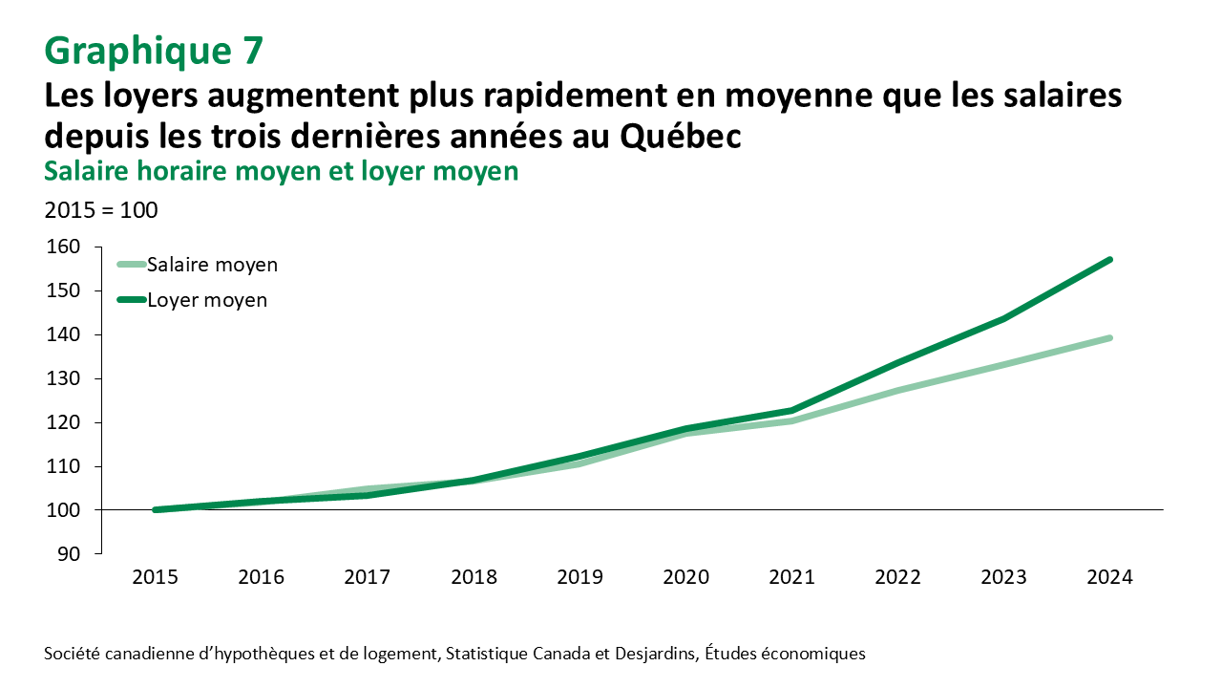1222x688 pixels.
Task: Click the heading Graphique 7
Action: pyautogui.click(x=154, y=51)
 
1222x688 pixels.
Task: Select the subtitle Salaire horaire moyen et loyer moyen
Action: pyautogui.click(x=282, y=171)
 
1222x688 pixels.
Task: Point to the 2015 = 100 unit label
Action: pyautogui.click(x=101, y=209)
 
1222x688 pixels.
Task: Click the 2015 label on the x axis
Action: pyautogui.click(x=156, y=578)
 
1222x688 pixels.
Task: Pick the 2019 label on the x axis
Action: pyautogui.click(x=579, y=578)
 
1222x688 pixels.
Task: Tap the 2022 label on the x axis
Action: pyautogui.click(x=897, y=578)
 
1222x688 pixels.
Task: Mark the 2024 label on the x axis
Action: pyautogui.click(x=1109, y=578)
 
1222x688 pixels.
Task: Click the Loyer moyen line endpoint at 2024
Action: pyautogui.click(x=1109, y=260)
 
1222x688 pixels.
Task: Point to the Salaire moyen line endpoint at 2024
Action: pyautogui.click(x=1109, y=337)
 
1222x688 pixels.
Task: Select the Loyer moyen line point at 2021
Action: pyautogui.click(x=791, y=411)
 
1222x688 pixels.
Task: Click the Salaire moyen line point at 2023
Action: pyautogui.click(x=1003, y=364)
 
